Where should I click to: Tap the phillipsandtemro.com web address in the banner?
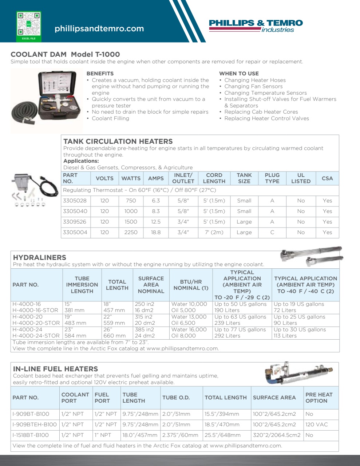click(x=99, y=29)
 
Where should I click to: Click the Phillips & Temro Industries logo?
click(x=256, y=26)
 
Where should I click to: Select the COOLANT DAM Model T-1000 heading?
click(x=65, y=54)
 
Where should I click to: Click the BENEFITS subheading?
click(x=100, y=74)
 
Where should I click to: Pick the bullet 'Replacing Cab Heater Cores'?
click(x=261, y=112)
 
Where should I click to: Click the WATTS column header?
click(x=131, y=178)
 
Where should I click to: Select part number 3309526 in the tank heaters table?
click(x=75, y=222)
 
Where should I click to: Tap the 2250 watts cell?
click(x=131, y=232)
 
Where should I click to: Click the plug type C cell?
click(x=272, y=232)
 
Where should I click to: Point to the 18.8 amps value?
click(x=156, y=232)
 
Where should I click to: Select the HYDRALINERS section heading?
click(x=40, y=257)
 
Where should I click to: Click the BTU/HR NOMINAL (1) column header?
click(x=191, y=285)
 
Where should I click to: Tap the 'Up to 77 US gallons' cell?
click(x=240, y=329)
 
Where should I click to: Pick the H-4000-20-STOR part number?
click(x=36, y=323)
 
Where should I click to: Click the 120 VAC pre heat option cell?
click(x=316, y=424)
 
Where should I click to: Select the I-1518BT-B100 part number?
click(x=31, y=435)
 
